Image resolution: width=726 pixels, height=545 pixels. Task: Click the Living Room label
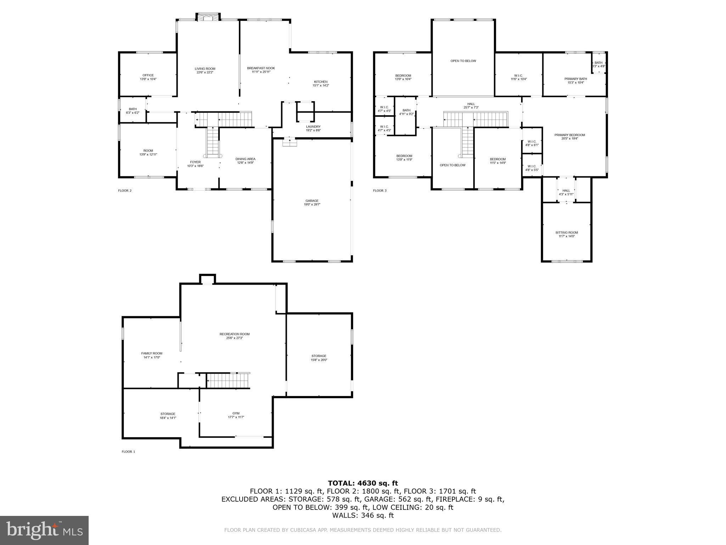pyautogui.click(x=205, y=68)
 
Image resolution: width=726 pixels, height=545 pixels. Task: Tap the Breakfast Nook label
pyautogui.click(x=261, y=68)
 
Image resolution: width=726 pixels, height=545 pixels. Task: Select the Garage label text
pyautogui.click(x=312, y=200)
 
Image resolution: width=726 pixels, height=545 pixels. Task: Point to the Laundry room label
pyautogui.click(x=313, y=126)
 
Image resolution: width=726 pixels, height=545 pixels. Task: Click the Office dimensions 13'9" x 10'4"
pyautogui.click(x=148, y=79)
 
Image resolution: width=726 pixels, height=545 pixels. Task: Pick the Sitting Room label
pyautogui.click(x=566, y=232)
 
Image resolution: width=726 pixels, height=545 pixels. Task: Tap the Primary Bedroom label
pyautogui.click(x=570, y=135)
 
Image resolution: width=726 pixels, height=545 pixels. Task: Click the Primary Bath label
pyautogui.click(x=576, y=79)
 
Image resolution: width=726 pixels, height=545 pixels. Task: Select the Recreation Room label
pyautogui.click(x=234, y=334)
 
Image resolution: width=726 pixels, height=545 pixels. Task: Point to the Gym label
pyautogui.click(x=236, y=413)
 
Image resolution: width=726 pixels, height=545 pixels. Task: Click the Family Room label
pyautogui.click(x=152, y=353)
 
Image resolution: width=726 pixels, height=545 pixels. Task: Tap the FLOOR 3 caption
pyautogui.click(x=380, y=191)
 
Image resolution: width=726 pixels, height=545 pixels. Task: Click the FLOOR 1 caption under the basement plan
pyautogui.click(x=128, y=452)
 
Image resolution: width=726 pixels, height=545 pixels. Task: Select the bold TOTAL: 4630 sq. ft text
pyautogui.click(x=363, y=483)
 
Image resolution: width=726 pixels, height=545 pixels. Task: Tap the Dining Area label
pyautogui.click(x=245, y=159)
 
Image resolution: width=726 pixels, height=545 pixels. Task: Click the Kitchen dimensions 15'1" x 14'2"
pyautogui.click(x=320, y=86)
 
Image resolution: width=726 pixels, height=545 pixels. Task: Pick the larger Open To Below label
pyautogui.click(x=463, y=61)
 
